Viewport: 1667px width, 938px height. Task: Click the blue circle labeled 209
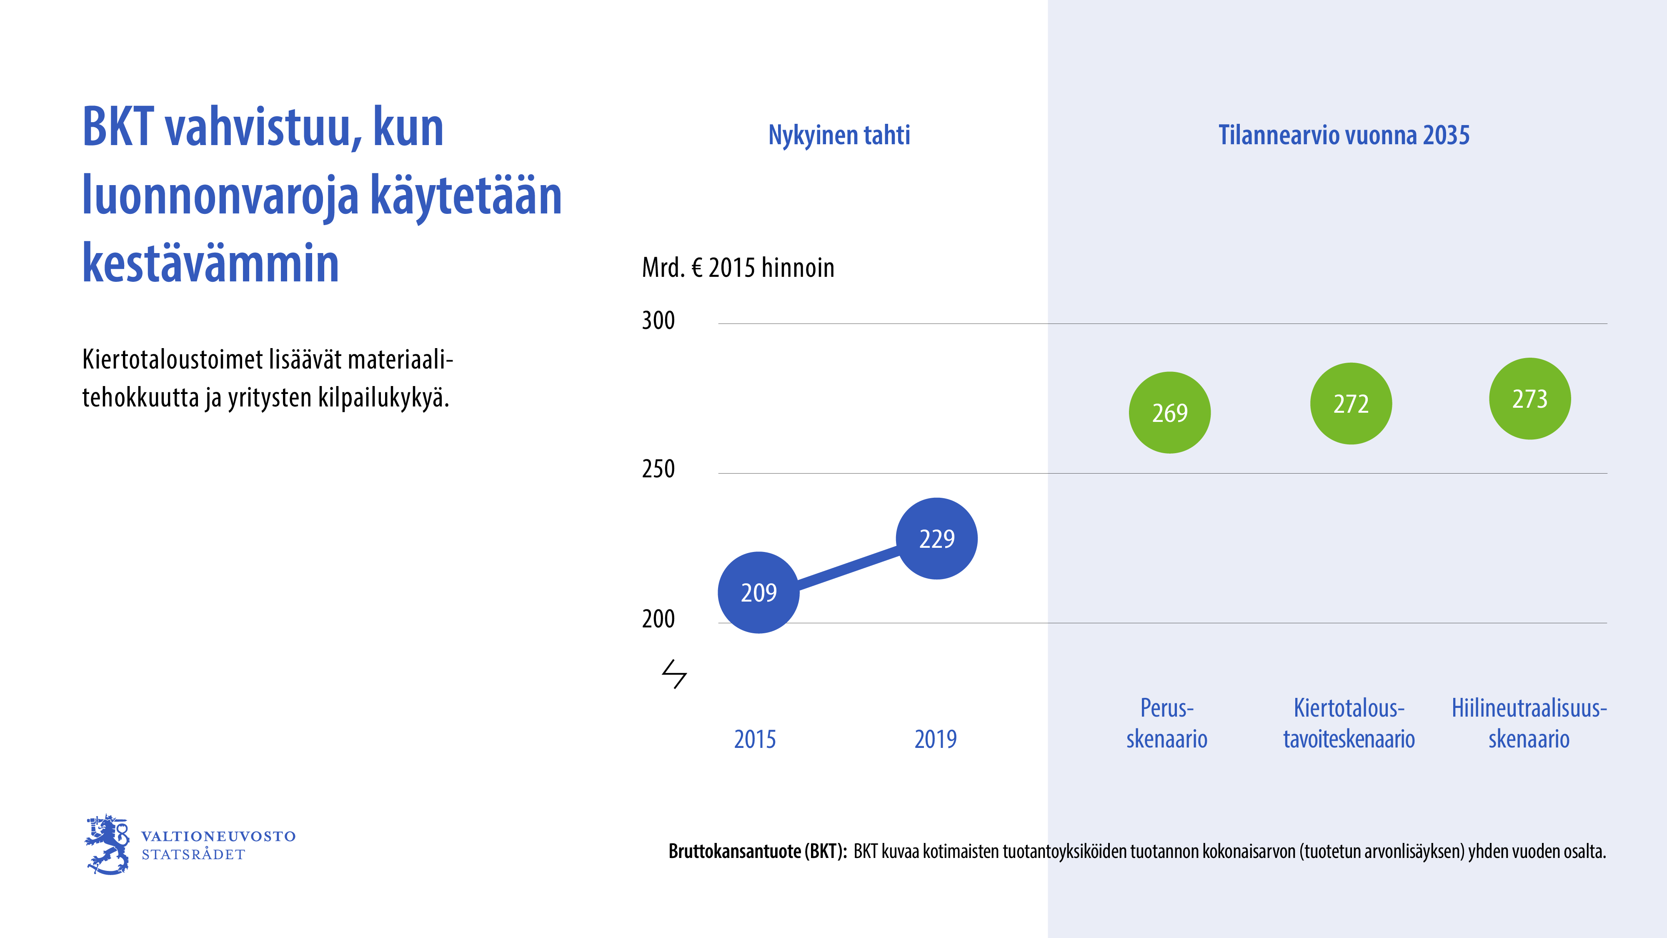tap(758, 592)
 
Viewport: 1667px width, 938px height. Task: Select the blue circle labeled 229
tap(936, 538)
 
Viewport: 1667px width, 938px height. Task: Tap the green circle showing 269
tap(1169, 412)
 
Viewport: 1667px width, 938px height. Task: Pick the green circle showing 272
tap(1351, 403)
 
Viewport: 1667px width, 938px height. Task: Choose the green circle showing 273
tap(1530, 398)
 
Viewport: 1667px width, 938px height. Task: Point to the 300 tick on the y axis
tap(658, 321)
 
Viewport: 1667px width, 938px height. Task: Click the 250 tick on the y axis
tap(658, 469)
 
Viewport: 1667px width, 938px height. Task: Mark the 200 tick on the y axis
tap(658, 619)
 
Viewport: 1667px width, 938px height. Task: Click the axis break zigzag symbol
tap(673, 674)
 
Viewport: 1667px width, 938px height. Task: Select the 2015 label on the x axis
tap(755, 739)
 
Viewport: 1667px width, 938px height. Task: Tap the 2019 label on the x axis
tap(935, 739)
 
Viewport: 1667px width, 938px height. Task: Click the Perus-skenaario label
tap(1167, 723)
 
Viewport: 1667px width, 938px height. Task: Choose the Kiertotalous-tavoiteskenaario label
tap(1349, 723)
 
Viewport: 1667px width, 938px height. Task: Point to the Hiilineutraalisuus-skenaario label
tap(1529, 723)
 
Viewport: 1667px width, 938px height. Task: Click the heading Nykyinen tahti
tap(839, 135)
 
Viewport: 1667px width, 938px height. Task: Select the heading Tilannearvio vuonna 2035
tap(1344, 135)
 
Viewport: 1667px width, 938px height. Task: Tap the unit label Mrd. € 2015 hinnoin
tap(738, 267)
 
